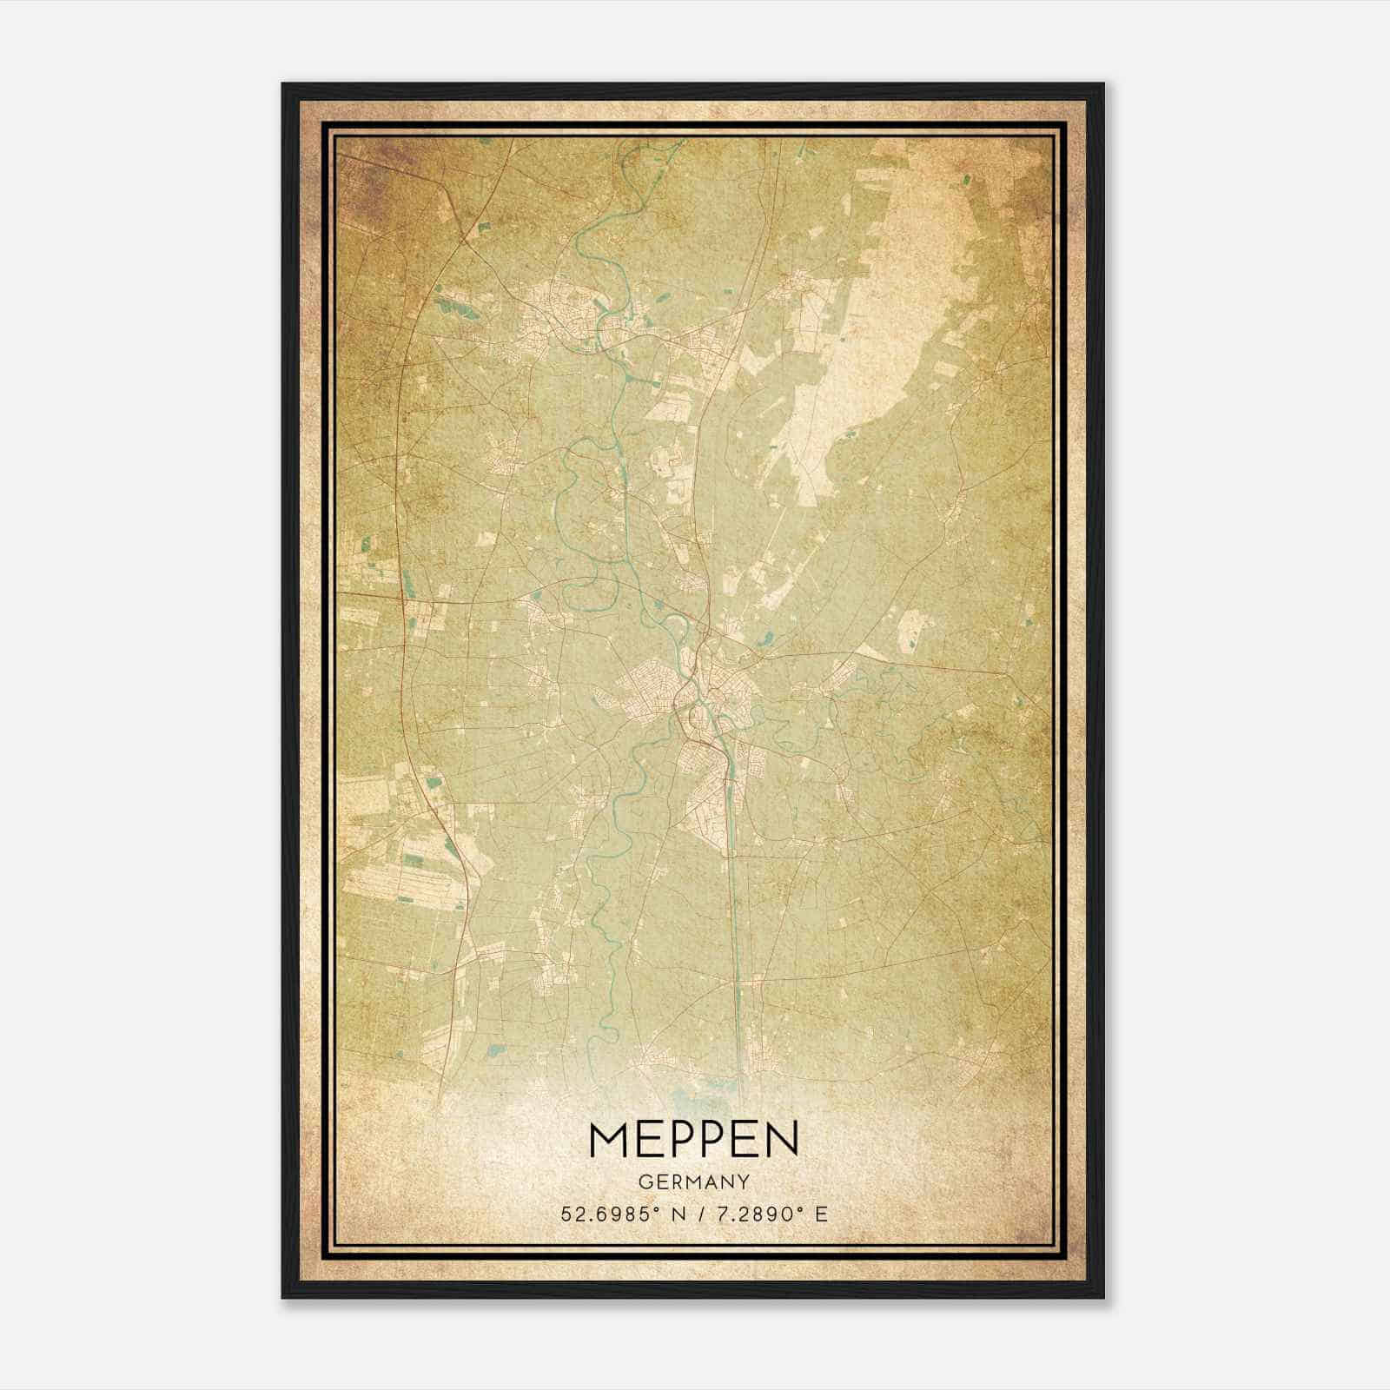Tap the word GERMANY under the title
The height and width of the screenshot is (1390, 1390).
pyautogui.click(x=693, y=1182)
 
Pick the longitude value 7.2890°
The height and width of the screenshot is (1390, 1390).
pyautogui.click(x=756, y=1214)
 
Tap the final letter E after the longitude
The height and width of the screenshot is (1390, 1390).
pyautogui.click(x=821, y=1214)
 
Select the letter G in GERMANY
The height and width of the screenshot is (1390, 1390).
pyautogui.click(x=644, y=1182)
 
